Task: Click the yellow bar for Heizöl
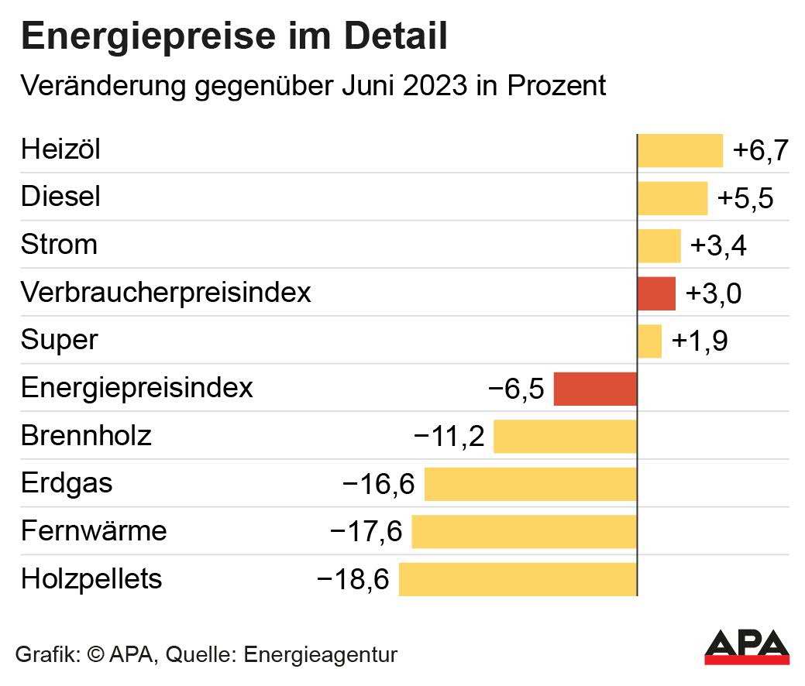tap(679, 150)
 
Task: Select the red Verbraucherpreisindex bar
tap(656, 293)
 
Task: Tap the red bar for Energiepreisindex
tap(595, 389)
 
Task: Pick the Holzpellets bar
tap(518, 579)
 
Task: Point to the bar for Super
tap(649, 341)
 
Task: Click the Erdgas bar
tap(531, 484)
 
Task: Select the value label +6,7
tap(760, 150)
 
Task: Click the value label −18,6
tap(353, 579)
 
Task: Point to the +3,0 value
tap(714, 294)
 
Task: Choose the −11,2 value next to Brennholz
tap(449, 437)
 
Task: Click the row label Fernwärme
tap(94, 531)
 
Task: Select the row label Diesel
tap(60, 197)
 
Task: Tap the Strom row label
tap(59, 245)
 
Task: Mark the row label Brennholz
tap(86, 436)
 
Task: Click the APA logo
tap(747, 647)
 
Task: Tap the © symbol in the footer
tap(95, 654)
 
